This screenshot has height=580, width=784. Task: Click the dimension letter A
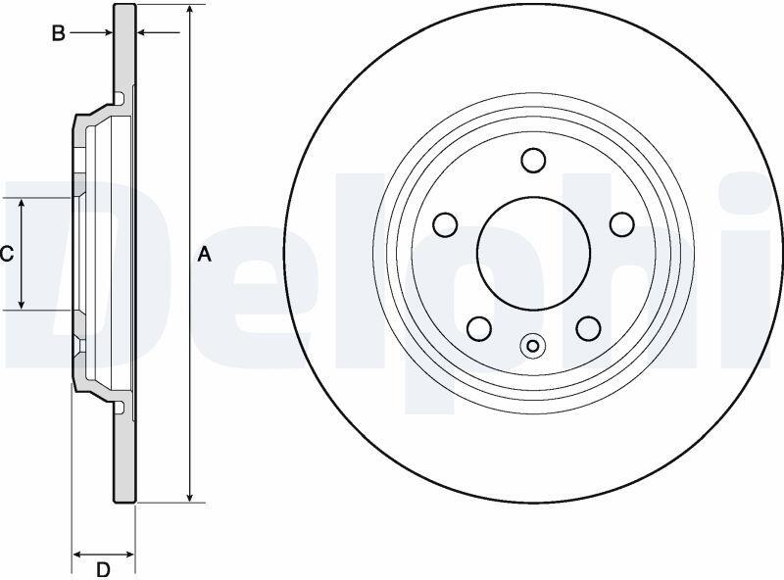205,255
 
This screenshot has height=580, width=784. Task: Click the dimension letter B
59,33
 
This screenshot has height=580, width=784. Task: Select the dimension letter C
7,255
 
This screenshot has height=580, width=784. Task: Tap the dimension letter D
103,569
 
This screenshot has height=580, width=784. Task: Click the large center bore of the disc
533,253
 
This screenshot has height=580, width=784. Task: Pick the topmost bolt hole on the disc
533,160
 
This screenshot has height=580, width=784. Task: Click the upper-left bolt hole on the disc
445,224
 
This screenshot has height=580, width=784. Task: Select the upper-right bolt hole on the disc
622,224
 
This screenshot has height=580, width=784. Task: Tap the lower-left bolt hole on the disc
479,328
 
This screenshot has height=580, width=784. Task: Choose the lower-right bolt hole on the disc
588,328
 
